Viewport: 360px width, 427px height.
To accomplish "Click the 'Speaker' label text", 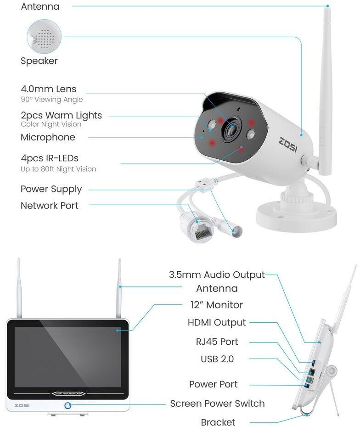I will tap(39, 61).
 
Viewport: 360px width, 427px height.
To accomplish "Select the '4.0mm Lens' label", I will tap(48, 89).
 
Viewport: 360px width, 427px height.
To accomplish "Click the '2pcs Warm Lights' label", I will tap(61, 115).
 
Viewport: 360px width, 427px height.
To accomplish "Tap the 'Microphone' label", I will tap(48, 137).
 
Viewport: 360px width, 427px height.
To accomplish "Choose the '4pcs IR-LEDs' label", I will tap(50, 158).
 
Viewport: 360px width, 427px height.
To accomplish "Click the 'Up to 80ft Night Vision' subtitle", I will tap(58, 169).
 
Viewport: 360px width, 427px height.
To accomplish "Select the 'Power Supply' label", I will tap(51, 189).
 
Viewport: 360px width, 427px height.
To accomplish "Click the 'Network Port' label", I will tap(50, 206).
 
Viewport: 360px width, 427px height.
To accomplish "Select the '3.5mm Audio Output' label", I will tap(217, 275).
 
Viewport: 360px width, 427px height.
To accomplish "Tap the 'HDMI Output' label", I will tap(217, 323).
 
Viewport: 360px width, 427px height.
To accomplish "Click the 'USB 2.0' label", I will tap(217, 359).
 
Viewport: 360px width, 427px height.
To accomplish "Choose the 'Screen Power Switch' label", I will tap(217, 404).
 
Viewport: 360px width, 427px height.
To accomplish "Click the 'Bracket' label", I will tap(218, 422).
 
